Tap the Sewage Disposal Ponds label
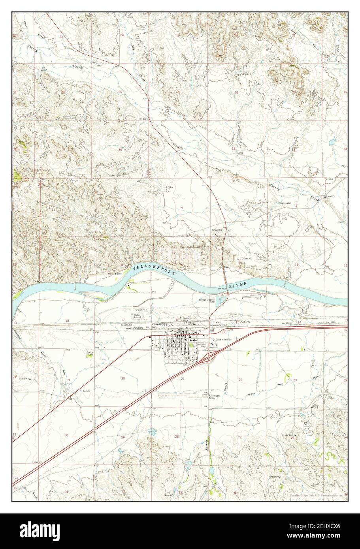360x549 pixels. coord(207,301)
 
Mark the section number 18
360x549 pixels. coord(67,321)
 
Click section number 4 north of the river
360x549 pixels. coord(182,207)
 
